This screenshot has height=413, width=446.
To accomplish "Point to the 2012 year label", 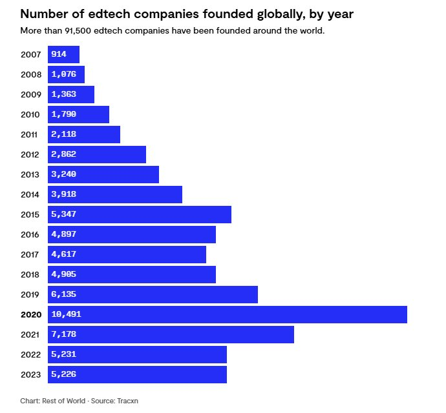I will pos(30,154).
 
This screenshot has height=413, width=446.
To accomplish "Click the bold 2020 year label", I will pos(30,314).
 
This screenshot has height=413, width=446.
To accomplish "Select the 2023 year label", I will pos(30,374).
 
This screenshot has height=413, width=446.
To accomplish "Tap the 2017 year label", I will pos(30,254).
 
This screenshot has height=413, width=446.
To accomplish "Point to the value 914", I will pos(59,54).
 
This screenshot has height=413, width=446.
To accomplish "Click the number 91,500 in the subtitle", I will pos(77,31).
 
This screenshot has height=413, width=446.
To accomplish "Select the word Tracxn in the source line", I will pos(127,401).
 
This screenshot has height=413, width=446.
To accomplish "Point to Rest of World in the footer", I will pos(63,401).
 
